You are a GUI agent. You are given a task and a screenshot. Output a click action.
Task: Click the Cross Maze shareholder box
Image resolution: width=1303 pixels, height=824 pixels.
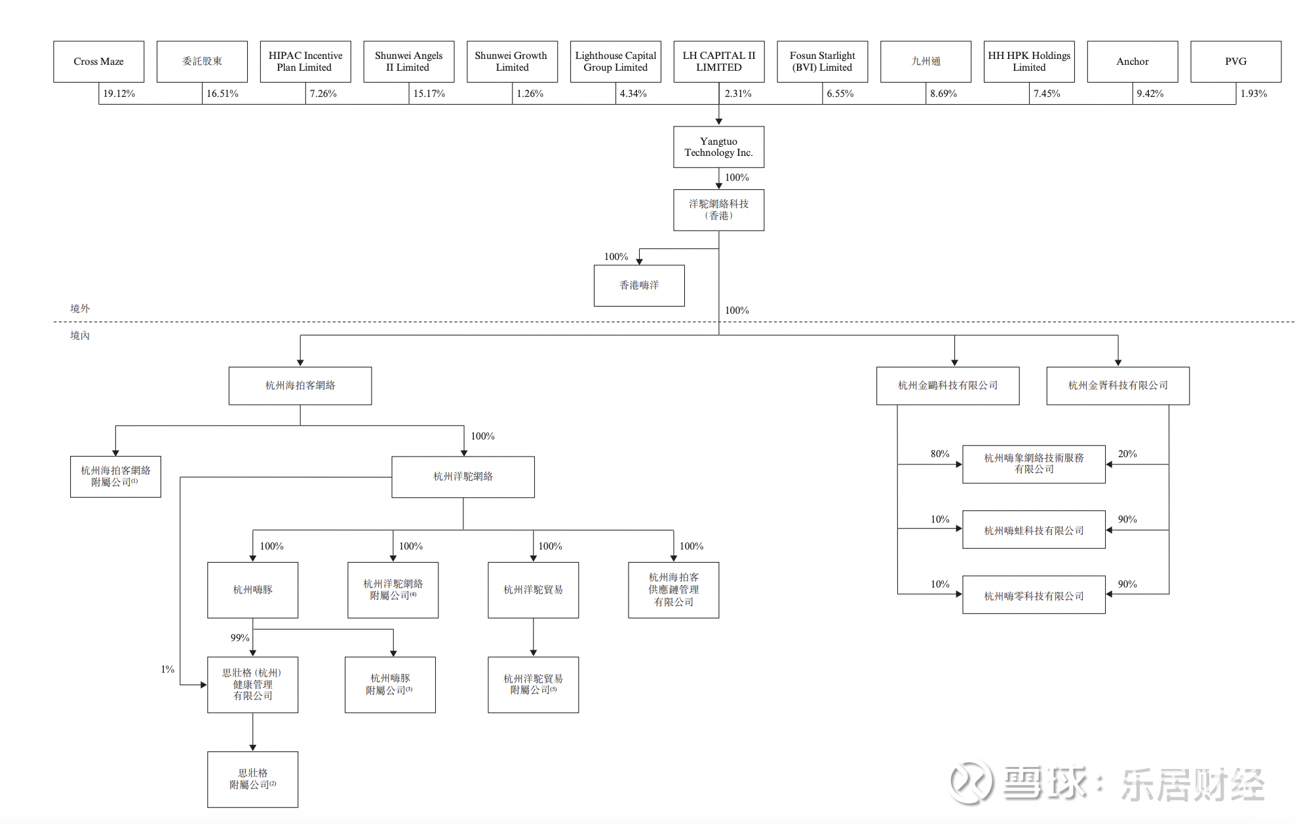(x=99, y=62)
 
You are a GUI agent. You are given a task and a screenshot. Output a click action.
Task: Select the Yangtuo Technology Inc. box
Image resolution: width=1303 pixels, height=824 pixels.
(x=718, y=147)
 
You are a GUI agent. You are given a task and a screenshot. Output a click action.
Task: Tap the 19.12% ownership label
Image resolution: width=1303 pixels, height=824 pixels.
(x=119, y=94)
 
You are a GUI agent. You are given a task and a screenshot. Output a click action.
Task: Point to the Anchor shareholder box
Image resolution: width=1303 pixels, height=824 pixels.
(x=1132, y=62)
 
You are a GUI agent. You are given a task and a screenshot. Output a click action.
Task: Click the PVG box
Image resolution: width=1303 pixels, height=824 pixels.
(x=1235, y=62)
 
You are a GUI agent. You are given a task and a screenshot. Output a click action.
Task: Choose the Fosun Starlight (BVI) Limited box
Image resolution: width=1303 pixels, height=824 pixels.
(x=822, y=62)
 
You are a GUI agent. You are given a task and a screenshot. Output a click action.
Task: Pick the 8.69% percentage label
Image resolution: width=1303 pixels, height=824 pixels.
(x=943, y=94)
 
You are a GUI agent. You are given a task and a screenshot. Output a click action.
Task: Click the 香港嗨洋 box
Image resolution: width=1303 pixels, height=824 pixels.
(x=639, y=286)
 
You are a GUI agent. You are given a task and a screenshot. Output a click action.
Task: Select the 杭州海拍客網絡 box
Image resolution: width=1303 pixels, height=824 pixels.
(x=300, y=386)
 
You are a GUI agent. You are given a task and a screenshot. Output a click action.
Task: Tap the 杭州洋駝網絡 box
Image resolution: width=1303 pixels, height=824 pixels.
(x=463, y=477)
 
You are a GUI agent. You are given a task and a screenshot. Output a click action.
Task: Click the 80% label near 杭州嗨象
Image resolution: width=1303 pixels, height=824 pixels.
(x=940, y=454)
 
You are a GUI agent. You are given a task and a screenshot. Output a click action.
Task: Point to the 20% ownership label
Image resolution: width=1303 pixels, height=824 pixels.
(x=1127, y=454)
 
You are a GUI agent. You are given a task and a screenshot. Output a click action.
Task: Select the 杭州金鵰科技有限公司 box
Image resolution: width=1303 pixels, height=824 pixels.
(x=948, y=386)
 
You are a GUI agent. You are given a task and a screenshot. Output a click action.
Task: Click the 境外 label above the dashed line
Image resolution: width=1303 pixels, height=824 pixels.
(x=80, y=309)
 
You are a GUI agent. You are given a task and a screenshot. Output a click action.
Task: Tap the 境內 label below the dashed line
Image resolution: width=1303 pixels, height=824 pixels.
(x=80, y=335)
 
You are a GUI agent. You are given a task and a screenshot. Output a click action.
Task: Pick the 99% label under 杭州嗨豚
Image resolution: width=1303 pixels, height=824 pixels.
(x=240, y=638)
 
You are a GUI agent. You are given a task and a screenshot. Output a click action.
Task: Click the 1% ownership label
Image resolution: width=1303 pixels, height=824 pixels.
(x=168, y=669)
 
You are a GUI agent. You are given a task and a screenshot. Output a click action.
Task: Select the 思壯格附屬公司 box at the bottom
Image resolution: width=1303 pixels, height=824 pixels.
(x=252, y=779)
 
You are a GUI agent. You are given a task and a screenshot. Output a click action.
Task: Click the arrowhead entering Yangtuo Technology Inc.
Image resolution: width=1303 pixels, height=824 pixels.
(x=719, y=122)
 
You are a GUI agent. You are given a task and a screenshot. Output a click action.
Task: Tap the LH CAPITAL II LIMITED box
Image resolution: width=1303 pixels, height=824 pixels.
(x=718, y=62)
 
